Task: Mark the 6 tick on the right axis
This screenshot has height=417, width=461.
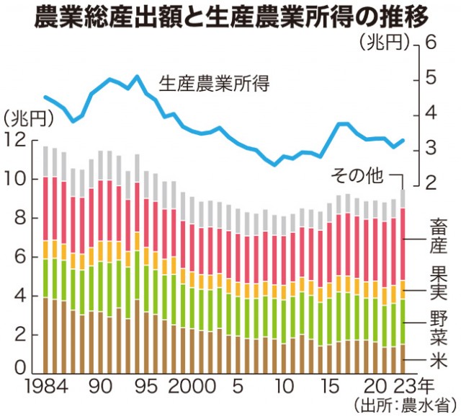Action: [432, 43]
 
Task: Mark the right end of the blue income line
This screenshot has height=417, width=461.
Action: [403, 140]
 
